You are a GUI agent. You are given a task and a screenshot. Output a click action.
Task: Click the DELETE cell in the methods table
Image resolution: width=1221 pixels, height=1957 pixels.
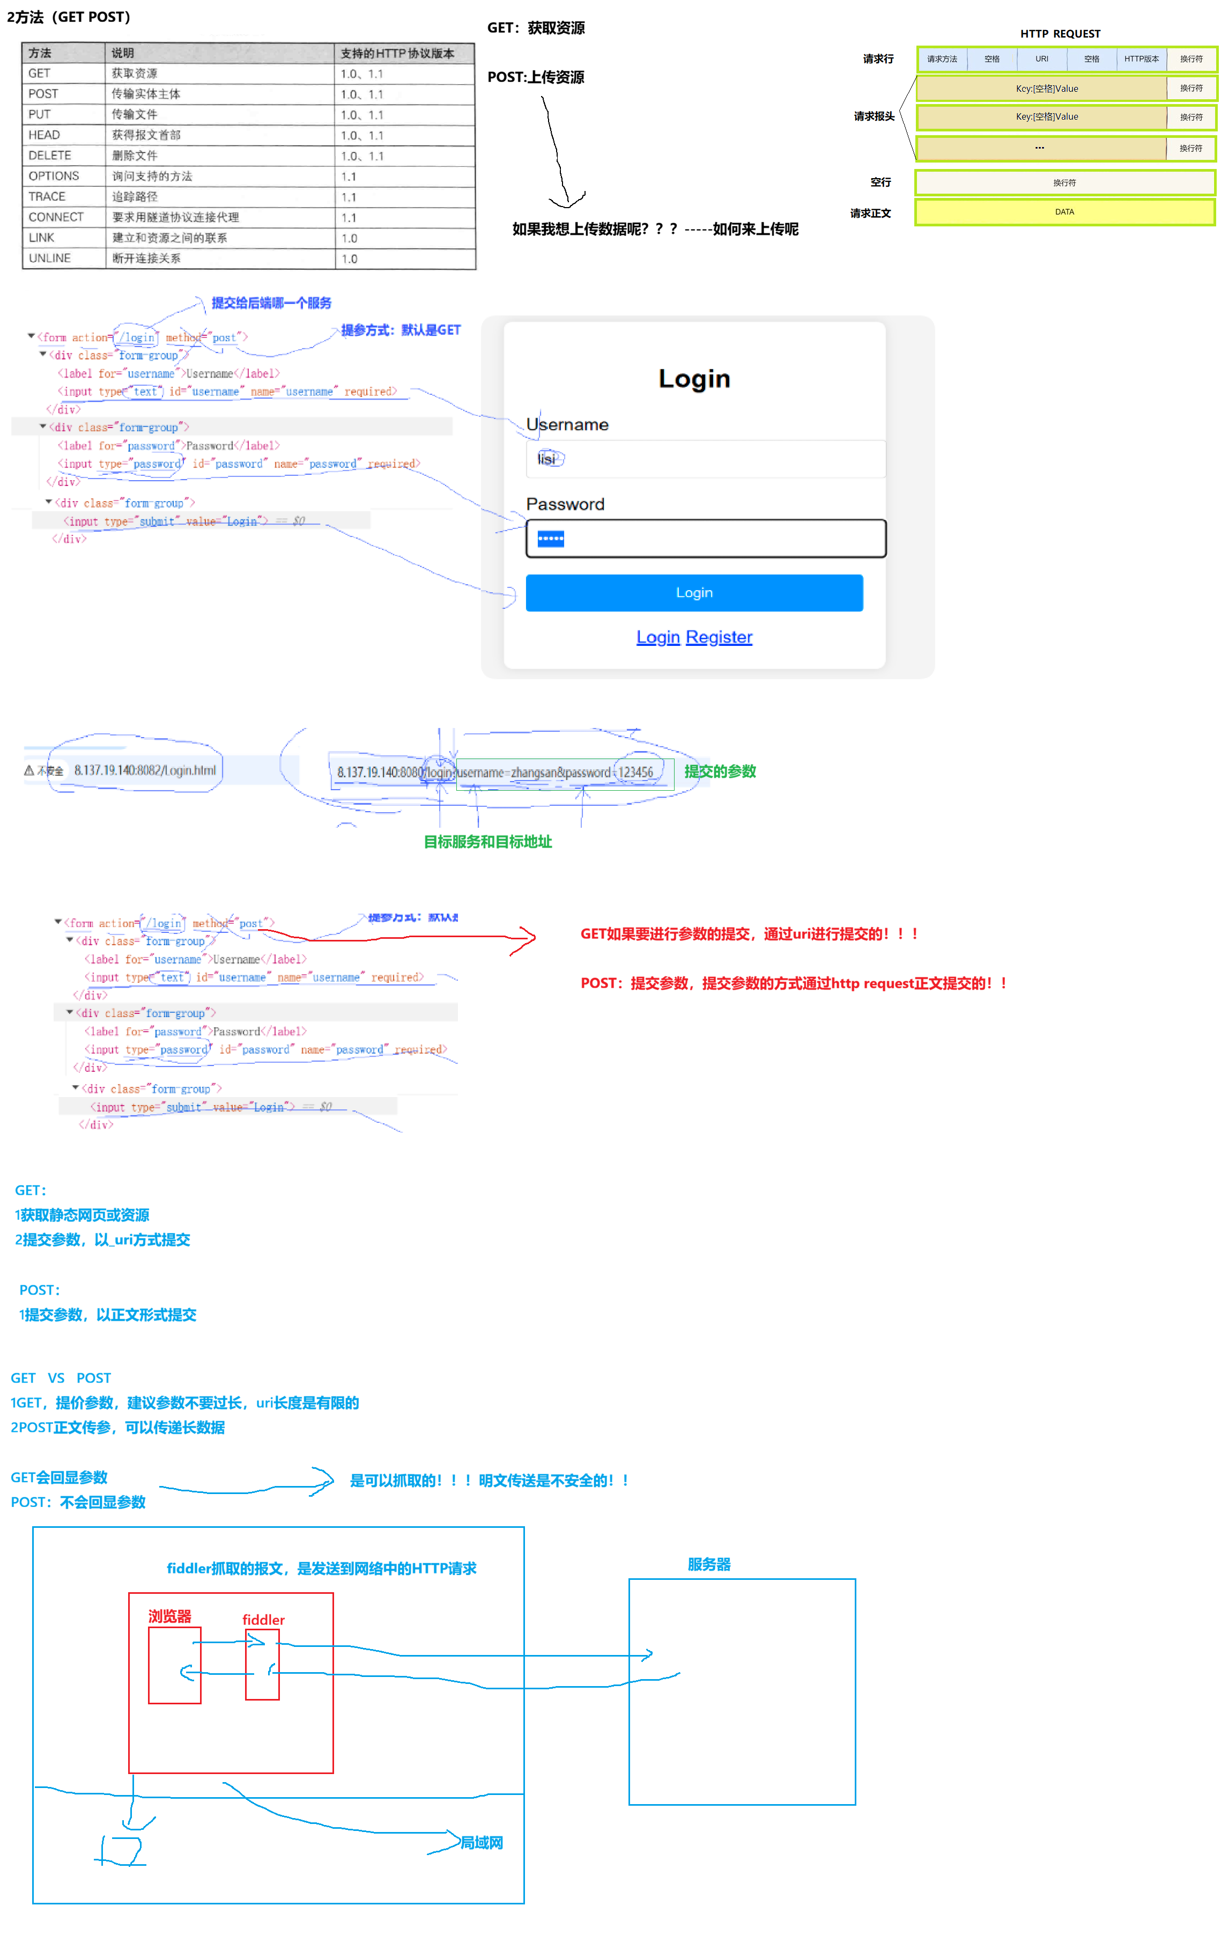50,155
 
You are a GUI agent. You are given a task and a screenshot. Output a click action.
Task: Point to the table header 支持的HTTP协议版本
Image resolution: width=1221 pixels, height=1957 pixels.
397,53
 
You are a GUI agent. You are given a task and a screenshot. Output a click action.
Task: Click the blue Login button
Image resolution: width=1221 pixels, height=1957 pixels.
694,593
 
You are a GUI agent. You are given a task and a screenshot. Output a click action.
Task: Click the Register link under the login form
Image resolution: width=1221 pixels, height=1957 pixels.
719,637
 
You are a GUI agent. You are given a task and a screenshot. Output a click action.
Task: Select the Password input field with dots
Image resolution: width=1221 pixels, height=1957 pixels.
706,539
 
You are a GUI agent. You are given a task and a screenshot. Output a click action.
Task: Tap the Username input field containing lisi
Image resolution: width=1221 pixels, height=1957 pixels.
706,459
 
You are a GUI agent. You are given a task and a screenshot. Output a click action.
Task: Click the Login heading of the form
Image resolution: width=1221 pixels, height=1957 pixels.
694,379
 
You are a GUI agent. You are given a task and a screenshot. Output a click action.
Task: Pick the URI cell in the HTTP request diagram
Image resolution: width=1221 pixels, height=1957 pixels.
1042,59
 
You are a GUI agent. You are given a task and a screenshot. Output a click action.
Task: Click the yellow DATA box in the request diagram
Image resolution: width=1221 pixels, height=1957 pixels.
1064,211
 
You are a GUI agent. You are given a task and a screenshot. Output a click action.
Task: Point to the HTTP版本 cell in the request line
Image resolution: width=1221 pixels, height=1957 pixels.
1141,59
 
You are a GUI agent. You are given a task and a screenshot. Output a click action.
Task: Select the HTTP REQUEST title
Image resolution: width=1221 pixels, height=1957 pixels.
1060,34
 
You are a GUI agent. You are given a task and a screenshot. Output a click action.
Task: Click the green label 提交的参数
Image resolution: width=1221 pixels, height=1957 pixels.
720,771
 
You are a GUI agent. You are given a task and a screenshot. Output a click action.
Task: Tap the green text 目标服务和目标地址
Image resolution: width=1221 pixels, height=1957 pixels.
488,842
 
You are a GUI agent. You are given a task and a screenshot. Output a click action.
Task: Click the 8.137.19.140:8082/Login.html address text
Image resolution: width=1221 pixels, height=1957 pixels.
145,770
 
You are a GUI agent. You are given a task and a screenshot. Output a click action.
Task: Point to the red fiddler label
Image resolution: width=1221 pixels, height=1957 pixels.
263,1620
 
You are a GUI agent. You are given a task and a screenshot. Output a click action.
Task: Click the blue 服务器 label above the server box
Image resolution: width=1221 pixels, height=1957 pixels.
709,1564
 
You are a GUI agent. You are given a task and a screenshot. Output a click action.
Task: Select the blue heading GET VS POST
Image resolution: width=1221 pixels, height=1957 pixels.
61,1378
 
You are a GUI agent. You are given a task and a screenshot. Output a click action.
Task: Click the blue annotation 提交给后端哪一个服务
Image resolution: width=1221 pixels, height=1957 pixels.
271,303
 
